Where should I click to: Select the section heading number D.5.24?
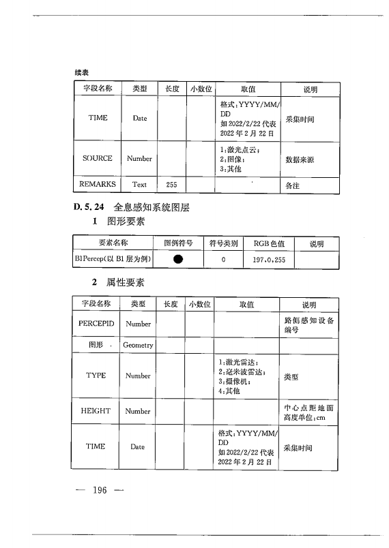[87, 207]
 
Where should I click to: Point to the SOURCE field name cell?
[98, 158]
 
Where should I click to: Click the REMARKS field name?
[98, 184]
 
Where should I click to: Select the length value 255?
[171, 184]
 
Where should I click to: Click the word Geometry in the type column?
[138, 346]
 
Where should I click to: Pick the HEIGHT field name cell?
[97, 411]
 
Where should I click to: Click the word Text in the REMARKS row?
[139, 184]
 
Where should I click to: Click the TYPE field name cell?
[96, 376]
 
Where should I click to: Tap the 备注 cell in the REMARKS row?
[291, 185]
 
